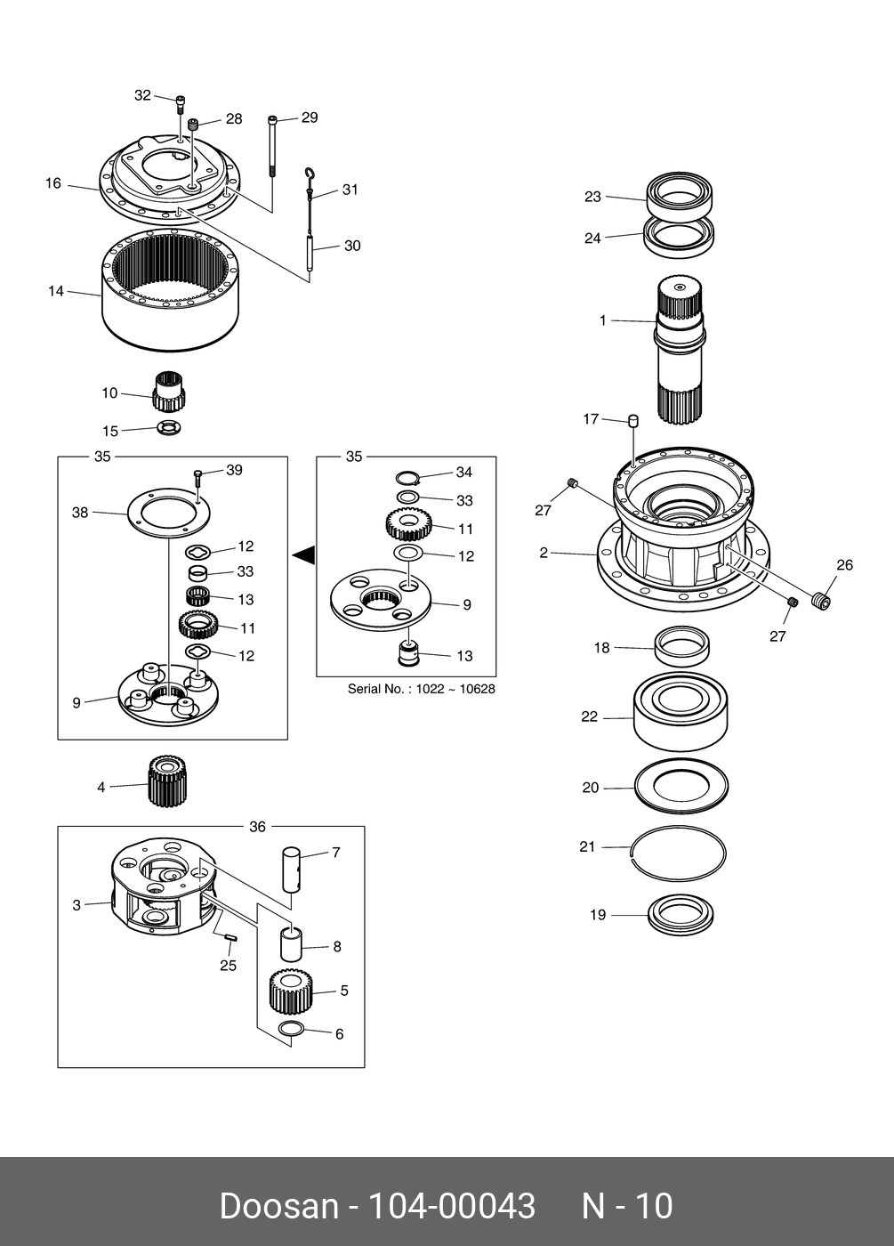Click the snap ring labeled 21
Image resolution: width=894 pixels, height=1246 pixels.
678,853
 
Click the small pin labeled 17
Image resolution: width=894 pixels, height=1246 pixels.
634,420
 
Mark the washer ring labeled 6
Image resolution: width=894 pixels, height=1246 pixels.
291,1031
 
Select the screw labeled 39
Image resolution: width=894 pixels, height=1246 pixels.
197,477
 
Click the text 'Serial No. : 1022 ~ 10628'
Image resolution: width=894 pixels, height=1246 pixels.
421,689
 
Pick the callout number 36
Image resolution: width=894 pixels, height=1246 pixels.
257,827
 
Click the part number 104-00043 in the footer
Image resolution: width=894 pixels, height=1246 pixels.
451,1206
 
